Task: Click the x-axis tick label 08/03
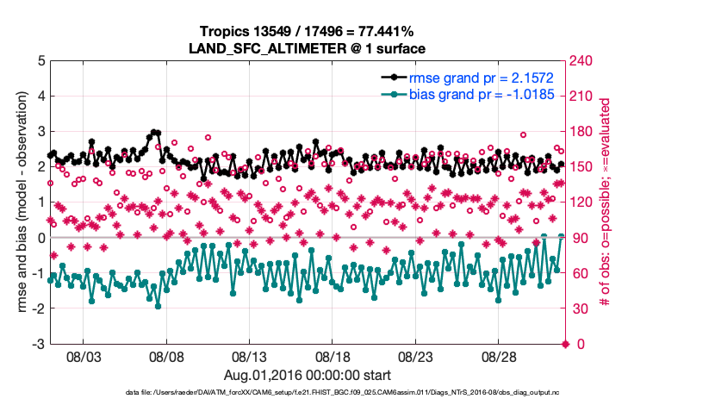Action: point(84,356)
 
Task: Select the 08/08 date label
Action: point(167,356)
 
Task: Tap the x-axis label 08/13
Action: point(250,356)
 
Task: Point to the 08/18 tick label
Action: point(333,356)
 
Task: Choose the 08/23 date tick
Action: point(415,356)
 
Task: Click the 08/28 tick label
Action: point(498,356)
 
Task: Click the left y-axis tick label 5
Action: point(40,61)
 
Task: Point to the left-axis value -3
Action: point(38,344)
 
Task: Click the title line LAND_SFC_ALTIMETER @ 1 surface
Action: point(308,48)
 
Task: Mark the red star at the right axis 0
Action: point(565,344)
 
